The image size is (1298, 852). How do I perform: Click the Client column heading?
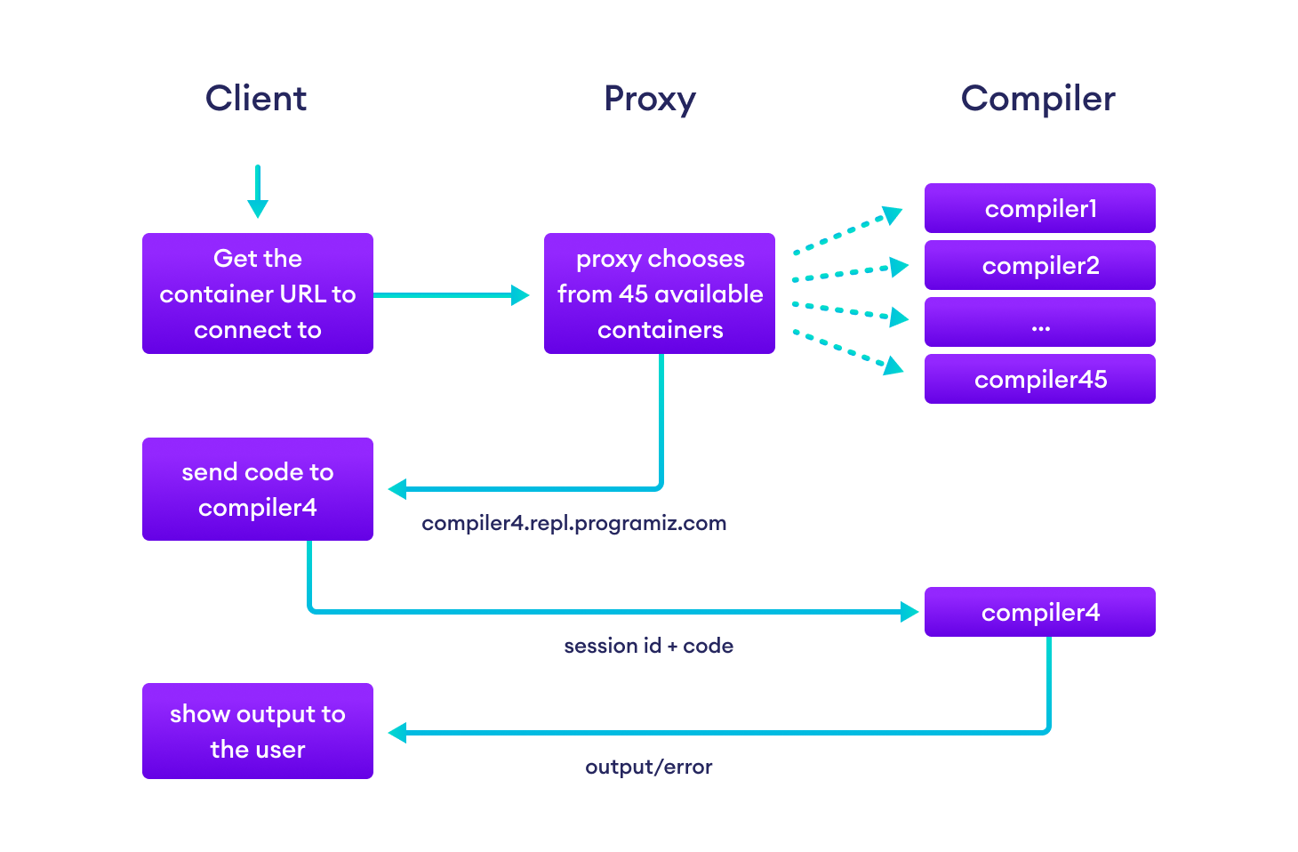coord(256,98)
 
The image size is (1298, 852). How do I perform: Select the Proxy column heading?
coord(649,99)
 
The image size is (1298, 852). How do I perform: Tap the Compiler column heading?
coord(1038,99)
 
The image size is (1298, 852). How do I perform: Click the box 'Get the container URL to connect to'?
coord(258,293)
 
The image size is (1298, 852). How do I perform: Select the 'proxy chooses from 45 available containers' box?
coord(660,293)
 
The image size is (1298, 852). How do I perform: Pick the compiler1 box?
coord(1040,208)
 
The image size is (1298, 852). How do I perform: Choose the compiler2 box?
coord(1040,265)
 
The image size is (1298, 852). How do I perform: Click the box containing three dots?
coord(1040,322)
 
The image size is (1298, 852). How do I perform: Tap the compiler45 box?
coord(1040,379)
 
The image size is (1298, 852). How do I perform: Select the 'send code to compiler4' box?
coord(258,489)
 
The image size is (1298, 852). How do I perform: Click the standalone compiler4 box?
coord(1040,612)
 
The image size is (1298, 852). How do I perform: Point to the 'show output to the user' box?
coord(258,731)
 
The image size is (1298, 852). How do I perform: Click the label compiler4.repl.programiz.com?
coord(573,523)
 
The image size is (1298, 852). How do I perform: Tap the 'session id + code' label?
coord(648,646)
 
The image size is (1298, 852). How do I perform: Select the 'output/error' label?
coord(648,767)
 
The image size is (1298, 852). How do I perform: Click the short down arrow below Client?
coord(258,191)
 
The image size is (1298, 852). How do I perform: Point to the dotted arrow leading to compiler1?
coord(847,231)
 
